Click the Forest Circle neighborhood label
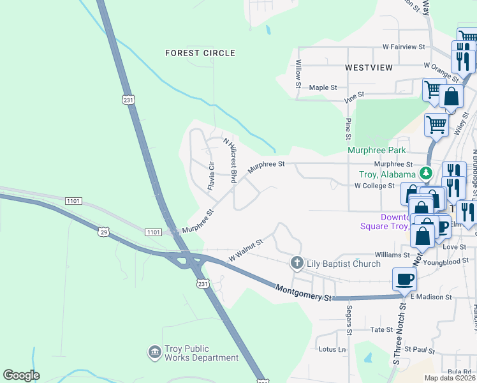[x=200, y=53]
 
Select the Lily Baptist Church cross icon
[x=297, y=263]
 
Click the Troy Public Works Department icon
[x=154, y=352]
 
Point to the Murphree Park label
[x=376, y=151]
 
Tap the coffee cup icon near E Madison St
[x=405, y=280]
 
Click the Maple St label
[x=323, y=87]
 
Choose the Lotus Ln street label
[x=332, y=349]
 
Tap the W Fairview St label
[x=404, y=47]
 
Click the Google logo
[x=21, y=375]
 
